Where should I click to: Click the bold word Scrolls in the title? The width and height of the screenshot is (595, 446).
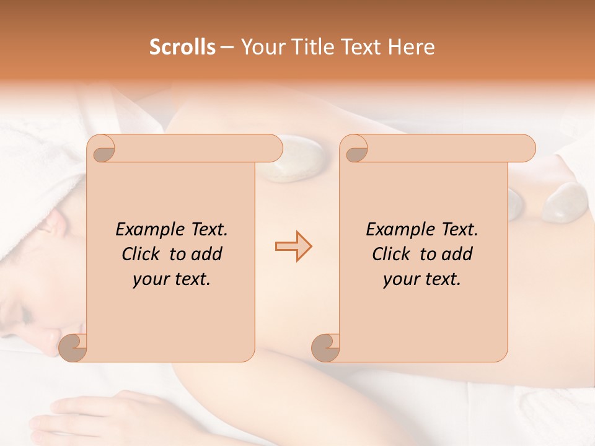[182, 47]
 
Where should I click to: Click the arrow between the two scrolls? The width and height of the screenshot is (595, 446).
[293, 247]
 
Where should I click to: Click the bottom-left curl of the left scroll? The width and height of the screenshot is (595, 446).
[73, 348]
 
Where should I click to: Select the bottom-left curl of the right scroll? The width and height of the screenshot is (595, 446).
[325, 348]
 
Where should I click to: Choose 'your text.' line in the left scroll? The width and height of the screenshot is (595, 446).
[172, 279]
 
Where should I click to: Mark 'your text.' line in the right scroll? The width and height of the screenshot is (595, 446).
[422, 279]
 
